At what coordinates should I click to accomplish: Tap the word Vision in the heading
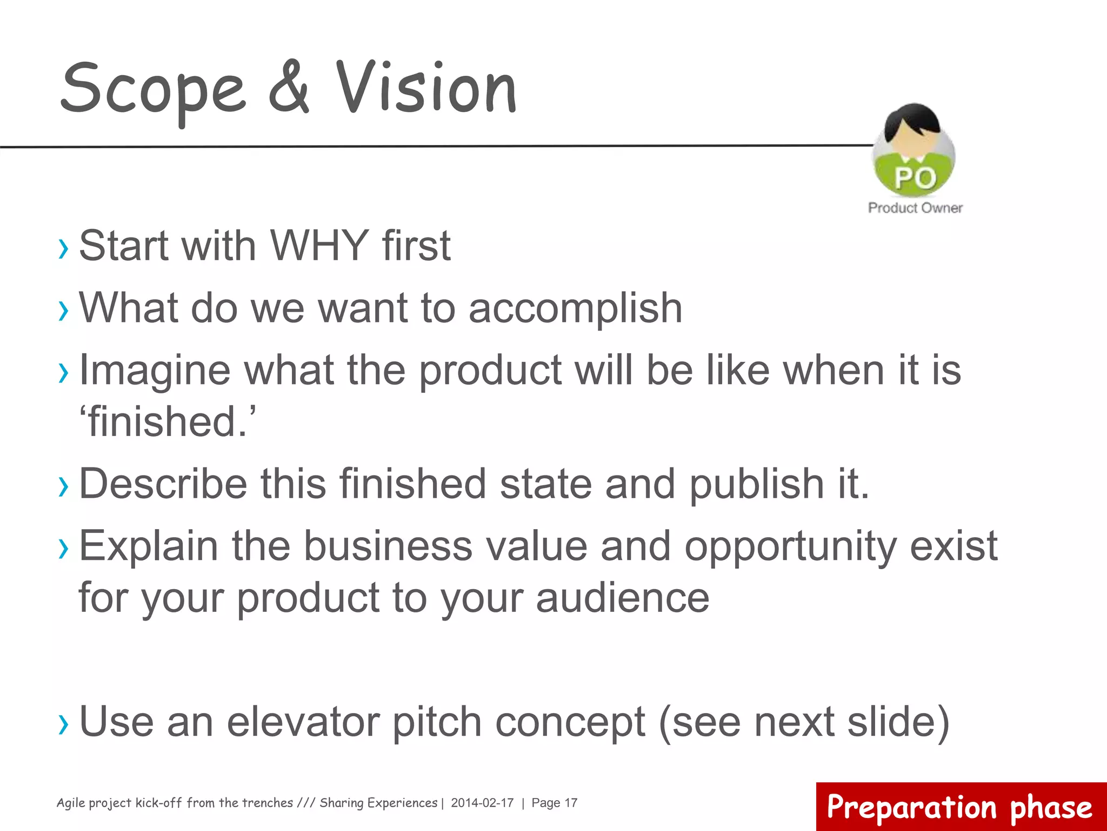(426, 88)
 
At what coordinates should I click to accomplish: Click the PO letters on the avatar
(915, 178)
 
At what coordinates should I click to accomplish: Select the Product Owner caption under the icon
(915, 208)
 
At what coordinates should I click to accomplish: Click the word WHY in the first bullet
(319, 246)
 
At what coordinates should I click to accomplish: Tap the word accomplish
(575, 308)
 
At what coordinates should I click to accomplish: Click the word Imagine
(155, 371)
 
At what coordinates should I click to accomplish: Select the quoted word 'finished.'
(168, 422)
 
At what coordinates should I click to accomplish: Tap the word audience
(622, 598)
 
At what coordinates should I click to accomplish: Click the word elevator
(303, 722)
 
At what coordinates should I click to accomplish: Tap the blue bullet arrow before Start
(64, 248)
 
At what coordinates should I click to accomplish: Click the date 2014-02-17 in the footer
(482, 803)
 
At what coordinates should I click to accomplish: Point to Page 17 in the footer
(554, 803)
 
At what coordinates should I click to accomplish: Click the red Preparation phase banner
(961, 807)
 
